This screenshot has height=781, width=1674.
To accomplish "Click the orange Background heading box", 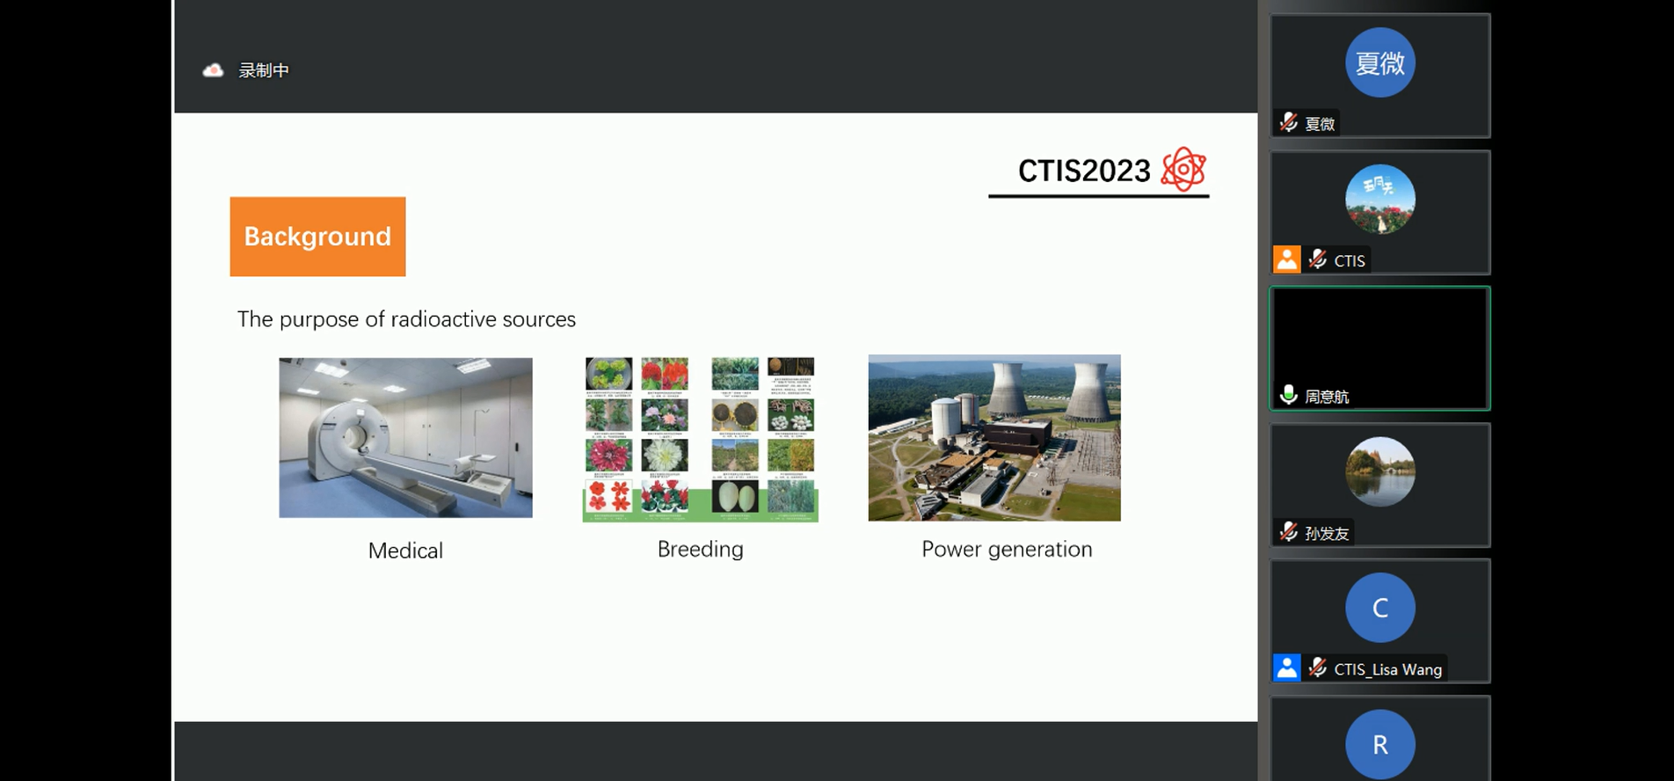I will [x=317, y=237].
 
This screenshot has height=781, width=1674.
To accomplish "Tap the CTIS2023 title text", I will [x=1083, y=171].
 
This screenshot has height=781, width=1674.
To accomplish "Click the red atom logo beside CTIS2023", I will [x=1183, y=169].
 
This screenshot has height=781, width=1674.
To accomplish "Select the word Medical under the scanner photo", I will [x=405, y=551].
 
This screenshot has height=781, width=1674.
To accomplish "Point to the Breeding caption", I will [x=700, y=549].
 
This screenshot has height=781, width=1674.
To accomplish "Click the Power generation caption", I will [x=1007, y=549].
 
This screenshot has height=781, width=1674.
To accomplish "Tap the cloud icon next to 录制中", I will [x=213, y=70].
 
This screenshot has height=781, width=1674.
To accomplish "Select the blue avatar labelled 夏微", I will [x=1379, y=62].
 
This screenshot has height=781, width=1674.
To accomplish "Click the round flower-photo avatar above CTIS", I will [x=1379, y=200].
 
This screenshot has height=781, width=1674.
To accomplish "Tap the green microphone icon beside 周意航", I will [x=1289, y=395].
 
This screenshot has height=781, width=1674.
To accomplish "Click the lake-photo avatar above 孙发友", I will [x=1379, y=471].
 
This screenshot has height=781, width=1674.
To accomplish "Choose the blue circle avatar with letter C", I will [x=1379, y=608].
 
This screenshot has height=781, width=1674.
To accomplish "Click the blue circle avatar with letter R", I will [x=1379, y=744].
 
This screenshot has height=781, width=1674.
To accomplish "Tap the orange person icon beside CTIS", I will [x=1287, y=259].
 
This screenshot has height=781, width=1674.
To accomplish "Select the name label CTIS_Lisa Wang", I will [x=1387, y=669].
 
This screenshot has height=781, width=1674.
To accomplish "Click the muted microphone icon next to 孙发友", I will [x=1289, y=532].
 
